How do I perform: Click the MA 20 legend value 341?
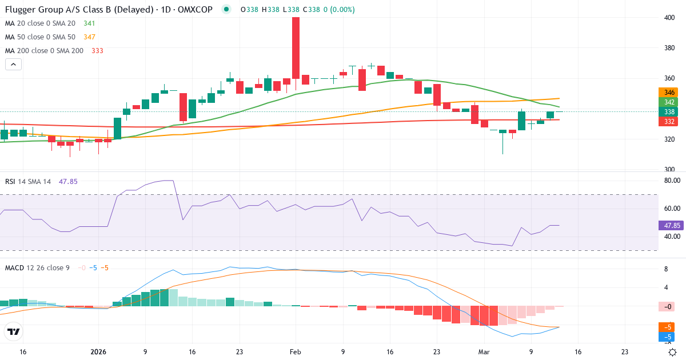pos(89,23)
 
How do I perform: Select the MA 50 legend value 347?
pos(90,37)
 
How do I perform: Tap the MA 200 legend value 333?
pos(97,51)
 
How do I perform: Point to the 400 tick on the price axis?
pos(669,18)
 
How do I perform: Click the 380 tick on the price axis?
pos(669,48)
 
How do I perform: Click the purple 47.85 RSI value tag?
pos(671,226)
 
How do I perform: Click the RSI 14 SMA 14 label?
pos(28,182)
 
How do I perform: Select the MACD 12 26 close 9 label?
pos(37,267)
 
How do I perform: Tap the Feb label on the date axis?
pos(295,352)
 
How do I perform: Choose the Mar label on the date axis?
pos(484,352)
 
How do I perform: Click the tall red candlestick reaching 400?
pos(296,48)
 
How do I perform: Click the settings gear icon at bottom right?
pos(673,352)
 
